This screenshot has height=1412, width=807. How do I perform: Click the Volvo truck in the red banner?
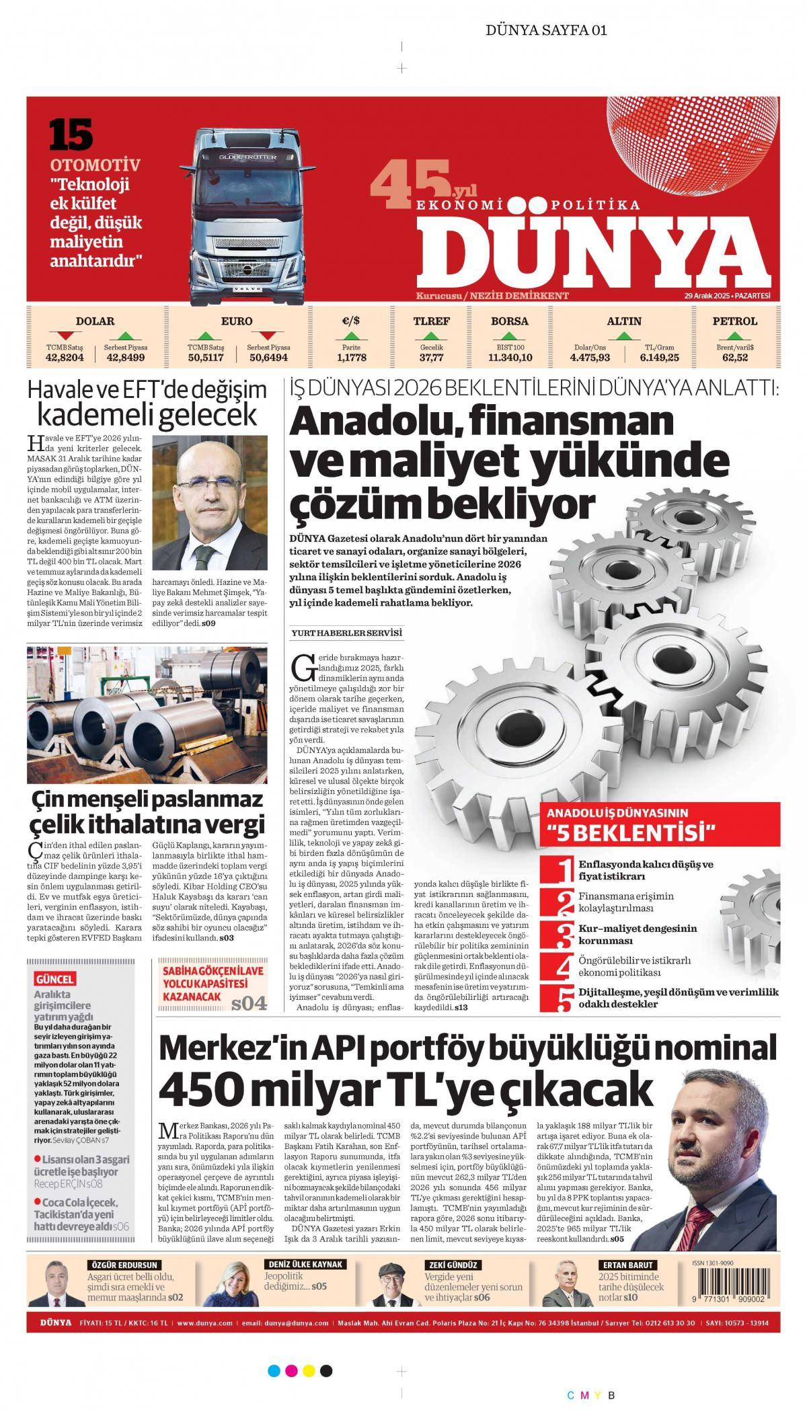click(247, 215)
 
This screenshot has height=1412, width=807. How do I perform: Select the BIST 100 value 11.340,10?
click(510, 358)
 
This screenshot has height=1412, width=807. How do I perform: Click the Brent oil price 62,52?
click(735, 358)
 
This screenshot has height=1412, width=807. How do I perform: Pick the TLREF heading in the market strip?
click(431, 321)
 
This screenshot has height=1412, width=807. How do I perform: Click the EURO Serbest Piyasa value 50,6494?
click(268, 358)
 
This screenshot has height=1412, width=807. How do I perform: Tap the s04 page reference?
click(249, 1005)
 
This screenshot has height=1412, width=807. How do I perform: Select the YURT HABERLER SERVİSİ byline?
click(346, 633)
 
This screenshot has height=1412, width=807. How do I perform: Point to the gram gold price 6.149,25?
click(659, 358)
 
